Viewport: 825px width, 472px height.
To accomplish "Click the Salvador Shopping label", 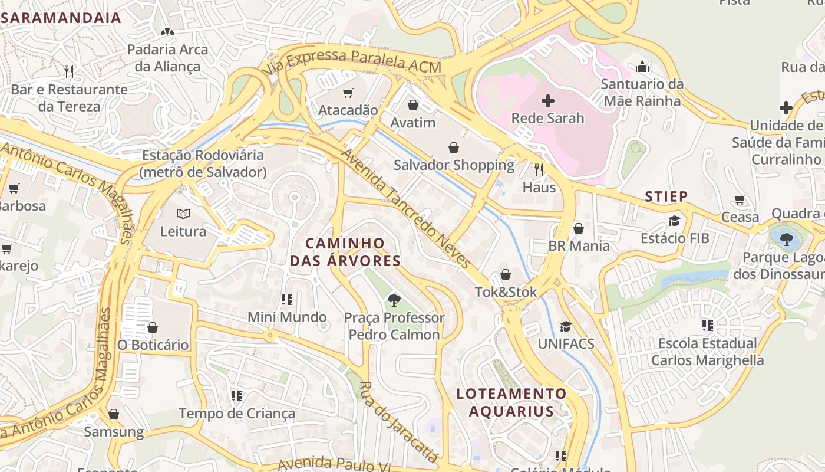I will tap(454, 165).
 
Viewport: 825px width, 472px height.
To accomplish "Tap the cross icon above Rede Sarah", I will tap(548, 101).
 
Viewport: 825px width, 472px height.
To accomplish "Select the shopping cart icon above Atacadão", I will tap(348, 93).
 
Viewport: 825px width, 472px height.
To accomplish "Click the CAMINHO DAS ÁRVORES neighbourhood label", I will tap(345, 252).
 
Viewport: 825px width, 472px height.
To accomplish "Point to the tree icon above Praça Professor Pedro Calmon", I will tap(394, 300).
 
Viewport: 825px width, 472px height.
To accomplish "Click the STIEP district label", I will tap(666, 196).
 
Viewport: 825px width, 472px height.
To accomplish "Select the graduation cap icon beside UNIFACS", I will tap(566, 326).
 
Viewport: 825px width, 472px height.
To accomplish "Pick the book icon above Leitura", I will tap(183, 214).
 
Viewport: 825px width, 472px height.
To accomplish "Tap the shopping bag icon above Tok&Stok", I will tap(506, 274).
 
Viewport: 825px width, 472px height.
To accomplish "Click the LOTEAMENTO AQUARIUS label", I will tap(511, 402).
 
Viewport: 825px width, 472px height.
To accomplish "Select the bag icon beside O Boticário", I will tap(153, 327).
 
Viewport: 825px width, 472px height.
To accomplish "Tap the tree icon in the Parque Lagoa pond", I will tap(786, 239).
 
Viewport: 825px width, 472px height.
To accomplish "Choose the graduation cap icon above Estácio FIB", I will tap(674, 221).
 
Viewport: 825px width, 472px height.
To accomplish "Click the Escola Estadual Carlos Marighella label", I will tap(707, 352).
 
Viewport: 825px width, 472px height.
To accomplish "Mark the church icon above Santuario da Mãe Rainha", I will tap(643, 67).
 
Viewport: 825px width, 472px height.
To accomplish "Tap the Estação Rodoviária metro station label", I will tap(203, 163).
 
